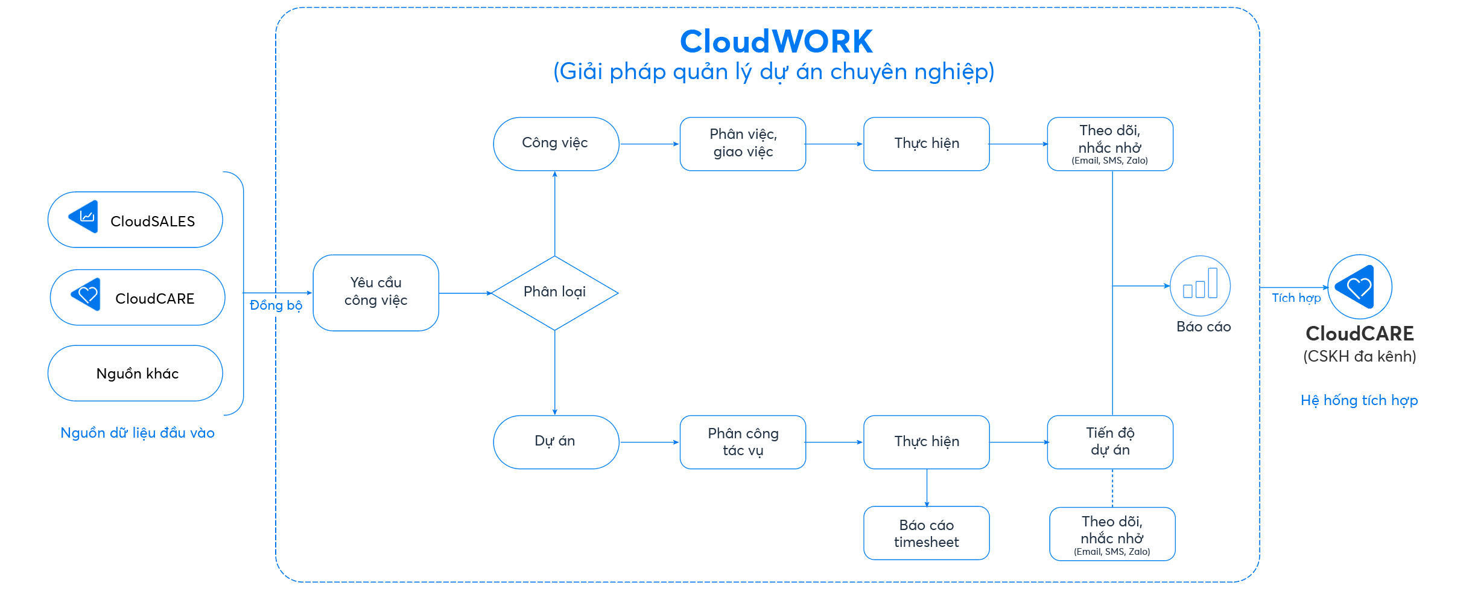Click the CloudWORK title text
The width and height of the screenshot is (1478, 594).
(776, 42)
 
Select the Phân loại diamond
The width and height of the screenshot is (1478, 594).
(554, 293)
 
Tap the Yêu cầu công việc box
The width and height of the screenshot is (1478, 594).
(375, 292)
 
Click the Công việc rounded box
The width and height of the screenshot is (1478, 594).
(556, 144)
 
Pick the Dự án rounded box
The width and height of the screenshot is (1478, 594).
(556, 442)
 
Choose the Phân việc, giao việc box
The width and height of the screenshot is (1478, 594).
(743, 144)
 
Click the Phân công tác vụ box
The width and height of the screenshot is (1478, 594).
(743, 442)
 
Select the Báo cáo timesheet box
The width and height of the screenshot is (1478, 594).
(926, 533)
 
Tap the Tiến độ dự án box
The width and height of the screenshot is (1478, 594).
(1110, 442)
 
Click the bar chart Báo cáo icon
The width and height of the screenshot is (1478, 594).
(1200, 286)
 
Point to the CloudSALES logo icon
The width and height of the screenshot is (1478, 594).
(84, 217)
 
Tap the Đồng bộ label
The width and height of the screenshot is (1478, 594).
(276, 305)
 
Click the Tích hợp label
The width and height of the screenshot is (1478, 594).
(1296, 298)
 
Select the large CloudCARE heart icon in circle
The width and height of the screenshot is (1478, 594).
(1359, 287)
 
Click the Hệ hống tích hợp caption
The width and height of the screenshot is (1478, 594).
(1359, 400)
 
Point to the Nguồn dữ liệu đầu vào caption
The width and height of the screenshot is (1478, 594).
(137, 433)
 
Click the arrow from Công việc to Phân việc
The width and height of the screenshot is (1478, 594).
(649, 144)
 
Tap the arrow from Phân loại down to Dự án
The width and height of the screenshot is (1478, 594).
(554, 373)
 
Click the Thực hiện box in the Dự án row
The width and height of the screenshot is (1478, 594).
(926, 442)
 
